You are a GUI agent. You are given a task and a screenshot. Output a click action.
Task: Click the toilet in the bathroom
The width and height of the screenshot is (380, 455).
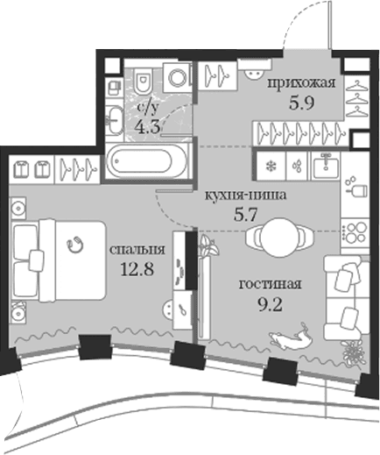point(144,80)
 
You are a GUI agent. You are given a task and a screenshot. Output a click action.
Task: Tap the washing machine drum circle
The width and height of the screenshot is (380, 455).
point(178,78)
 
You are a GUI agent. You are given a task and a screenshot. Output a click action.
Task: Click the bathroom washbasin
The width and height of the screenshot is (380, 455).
point(116,119)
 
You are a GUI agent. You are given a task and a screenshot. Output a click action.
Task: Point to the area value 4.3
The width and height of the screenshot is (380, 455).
point(148,127)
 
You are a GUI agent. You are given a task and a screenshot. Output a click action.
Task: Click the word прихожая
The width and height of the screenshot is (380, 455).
point(301,83)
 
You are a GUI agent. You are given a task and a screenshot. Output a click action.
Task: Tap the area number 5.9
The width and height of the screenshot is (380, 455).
point(301,103)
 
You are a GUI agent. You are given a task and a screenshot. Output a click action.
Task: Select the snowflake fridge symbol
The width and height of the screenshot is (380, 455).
point(271,167)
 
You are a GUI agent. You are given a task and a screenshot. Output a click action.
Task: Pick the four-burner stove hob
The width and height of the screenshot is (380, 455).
point(354,232)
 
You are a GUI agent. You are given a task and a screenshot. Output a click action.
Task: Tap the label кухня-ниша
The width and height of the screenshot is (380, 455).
point(245,196)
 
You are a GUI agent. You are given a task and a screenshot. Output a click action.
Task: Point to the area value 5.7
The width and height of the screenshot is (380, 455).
point(245,215)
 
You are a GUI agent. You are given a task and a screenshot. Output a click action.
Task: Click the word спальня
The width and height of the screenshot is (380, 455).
point(137,250)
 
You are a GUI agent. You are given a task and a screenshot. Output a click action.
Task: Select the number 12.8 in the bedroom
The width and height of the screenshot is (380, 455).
point(137,269)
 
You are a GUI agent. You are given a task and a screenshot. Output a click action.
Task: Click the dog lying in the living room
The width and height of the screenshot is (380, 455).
point(292,336)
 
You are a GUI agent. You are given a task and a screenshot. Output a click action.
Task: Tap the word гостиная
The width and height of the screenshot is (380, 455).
point(270,284)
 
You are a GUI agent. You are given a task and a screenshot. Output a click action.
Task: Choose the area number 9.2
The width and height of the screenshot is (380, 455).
point(270,305)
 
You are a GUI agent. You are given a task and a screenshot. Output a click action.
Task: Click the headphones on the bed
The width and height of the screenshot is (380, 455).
point(75,244)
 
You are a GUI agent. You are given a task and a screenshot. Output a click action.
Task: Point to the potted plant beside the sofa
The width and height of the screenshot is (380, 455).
point(354,352)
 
